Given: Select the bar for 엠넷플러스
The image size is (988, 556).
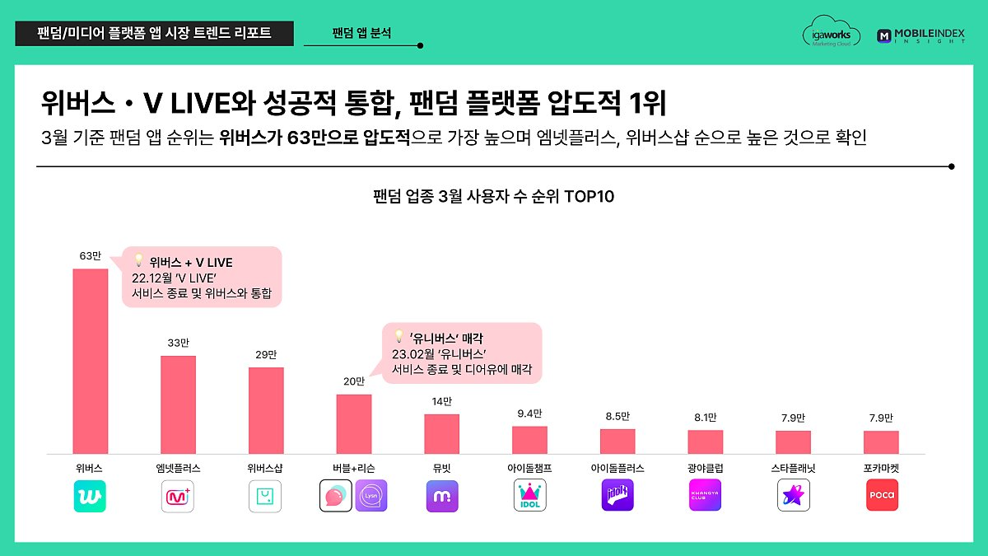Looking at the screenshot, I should [178, 404].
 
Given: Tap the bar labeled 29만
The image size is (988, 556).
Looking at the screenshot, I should [266, 410].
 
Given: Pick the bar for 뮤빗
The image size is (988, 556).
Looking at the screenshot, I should [441, 433].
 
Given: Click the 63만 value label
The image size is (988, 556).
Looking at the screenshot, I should [90, 256].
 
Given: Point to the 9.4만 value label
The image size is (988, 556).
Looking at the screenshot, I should [529, 413].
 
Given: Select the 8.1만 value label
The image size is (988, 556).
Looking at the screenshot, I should [705, 418].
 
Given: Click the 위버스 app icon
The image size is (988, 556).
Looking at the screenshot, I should [90, 496].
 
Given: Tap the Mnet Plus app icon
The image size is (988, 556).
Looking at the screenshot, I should [178, 496].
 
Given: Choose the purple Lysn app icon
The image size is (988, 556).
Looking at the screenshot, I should [370, 496].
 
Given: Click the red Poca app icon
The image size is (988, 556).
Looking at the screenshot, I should [881, 496].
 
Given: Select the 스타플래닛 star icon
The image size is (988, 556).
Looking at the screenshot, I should [793, 496].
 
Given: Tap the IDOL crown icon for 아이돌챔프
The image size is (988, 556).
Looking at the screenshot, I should [529, 496].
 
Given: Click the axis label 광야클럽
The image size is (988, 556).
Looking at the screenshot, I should [705, 468].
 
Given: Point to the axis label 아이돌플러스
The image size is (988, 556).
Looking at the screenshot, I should [617, 468].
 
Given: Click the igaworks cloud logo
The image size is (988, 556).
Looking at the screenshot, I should [831, 35].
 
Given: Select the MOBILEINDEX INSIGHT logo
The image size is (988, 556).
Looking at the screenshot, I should [920, 35].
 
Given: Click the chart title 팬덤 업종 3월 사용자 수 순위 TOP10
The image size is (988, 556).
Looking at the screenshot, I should [493, 197].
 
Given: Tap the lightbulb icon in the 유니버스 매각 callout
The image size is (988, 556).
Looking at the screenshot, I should [399, 336].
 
